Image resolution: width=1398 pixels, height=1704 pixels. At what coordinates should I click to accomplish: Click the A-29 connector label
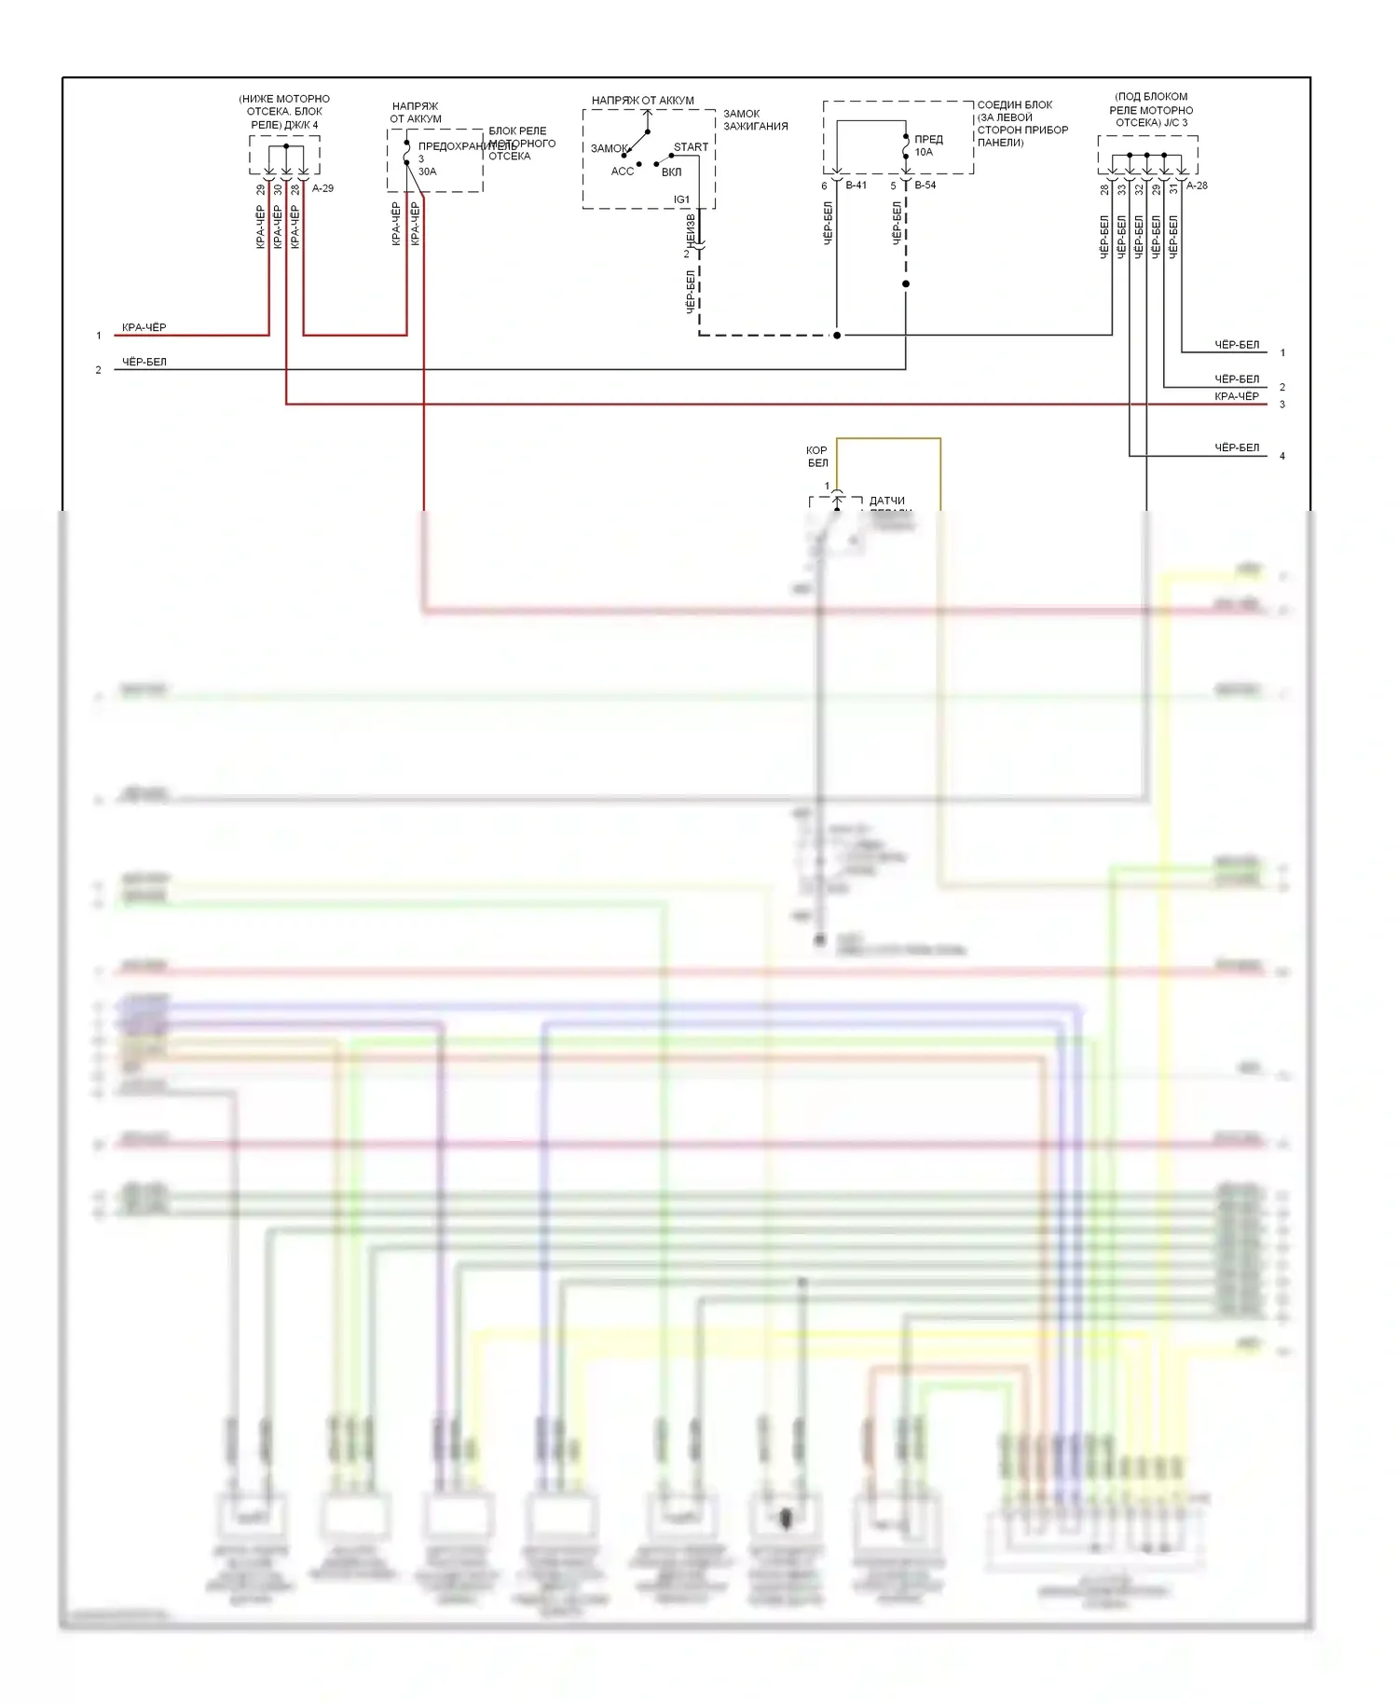(322, 188)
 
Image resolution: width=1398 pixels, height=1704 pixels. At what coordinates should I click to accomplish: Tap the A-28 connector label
(1197, 186)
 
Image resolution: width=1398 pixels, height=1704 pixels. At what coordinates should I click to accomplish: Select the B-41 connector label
(856, 186)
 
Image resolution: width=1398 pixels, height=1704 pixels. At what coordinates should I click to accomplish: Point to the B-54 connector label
(925, 186)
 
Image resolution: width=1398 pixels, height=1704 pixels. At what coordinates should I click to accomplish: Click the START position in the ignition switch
(691, 147)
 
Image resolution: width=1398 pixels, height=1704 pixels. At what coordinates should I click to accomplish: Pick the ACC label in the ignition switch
(623, 172)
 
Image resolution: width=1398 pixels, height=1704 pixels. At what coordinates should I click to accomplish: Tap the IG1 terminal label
(682, 199)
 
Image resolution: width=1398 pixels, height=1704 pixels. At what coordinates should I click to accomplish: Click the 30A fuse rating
(427, 172)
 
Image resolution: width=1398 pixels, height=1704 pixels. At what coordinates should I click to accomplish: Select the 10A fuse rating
(924, 152)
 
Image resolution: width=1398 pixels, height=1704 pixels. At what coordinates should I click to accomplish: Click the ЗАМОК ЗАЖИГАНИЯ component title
(755, 120)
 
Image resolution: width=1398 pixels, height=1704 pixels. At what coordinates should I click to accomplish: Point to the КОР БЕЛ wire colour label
(817, 457)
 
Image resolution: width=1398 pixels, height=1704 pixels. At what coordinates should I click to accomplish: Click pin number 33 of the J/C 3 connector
(1122, 189)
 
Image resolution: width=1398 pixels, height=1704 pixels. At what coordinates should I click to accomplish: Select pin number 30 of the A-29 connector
(278, 190)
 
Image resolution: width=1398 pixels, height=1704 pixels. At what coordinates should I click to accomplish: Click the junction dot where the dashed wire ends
(837, 336)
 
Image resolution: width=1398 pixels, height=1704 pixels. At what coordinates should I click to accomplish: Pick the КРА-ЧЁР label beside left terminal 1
(144, 328)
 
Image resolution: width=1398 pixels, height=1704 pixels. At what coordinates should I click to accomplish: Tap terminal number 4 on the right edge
(1282, 457)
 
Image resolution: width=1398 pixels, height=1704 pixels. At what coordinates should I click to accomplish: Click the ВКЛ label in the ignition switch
(671, 172)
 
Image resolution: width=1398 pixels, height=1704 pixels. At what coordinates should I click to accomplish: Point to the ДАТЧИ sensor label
(886, 502)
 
